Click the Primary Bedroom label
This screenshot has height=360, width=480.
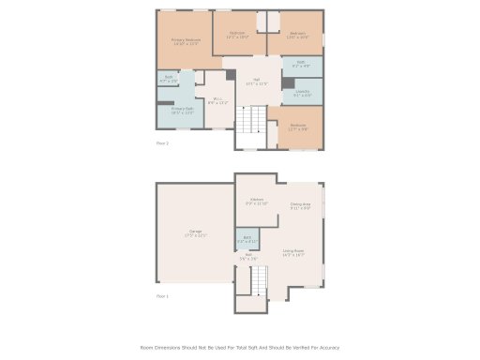(186, 39)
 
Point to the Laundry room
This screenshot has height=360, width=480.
(302, 92)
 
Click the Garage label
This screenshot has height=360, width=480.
(195, 231)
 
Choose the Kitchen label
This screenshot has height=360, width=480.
(257, 200)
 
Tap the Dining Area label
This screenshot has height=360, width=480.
(301, 204)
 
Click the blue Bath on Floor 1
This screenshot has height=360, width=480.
(245, 241)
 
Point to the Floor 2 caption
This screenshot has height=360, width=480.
(162, 143)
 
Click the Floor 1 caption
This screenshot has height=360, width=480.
(162, 296)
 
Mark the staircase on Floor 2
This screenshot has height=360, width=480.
(251, 120)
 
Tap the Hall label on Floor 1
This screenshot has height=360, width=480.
(248, 255)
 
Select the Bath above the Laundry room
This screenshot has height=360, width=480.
(301, 65)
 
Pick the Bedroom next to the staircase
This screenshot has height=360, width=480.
(298, 127)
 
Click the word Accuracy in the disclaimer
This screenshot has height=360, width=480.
(329, 348)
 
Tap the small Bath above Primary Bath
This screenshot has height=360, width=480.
(169, 79)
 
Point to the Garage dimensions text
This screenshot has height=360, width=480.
(195, 234)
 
